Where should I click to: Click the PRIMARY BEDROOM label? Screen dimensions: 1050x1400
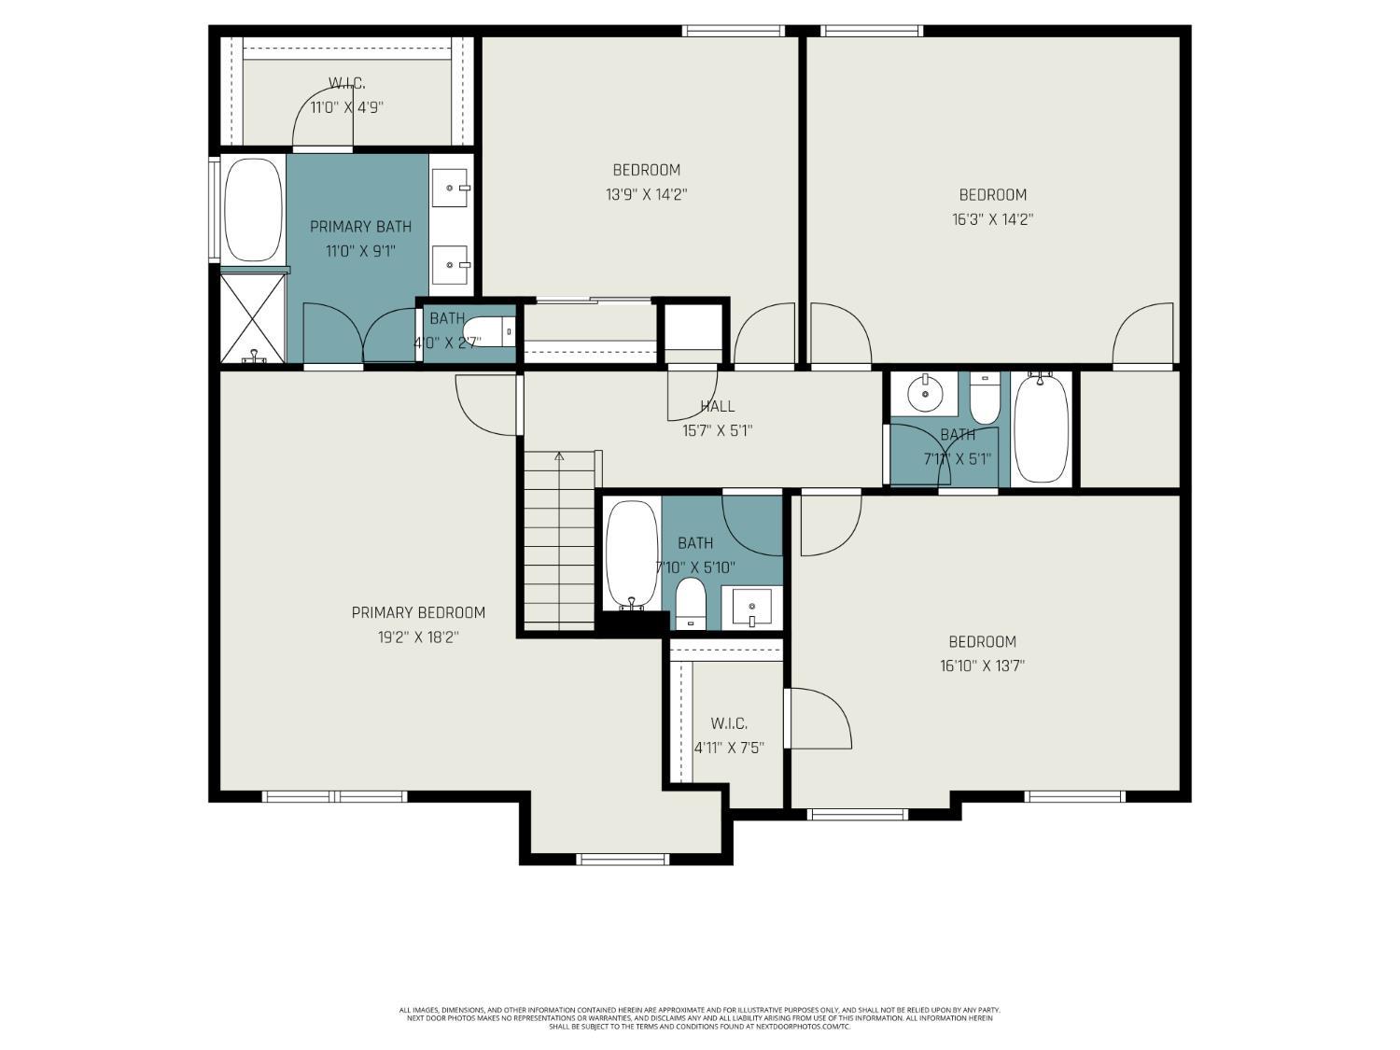(x=418, y=612)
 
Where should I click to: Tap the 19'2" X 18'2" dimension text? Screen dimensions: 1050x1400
(x=418, y=637)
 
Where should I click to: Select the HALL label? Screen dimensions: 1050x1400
(x=717, y=406)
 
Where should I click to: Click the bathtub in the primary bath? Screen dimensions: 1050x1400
(x=254, y=210)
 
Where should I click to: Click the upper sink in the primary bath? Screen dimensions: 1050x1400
(x=452, y=189)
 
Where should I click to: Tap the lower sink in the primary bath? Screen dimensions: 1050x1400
(x=452, y=265)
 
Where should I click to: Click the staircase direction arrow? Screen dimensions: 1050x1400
(x=559, y=456)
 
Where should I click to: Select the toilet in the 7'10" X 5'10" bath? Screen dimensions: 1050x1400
(x=691, y=602)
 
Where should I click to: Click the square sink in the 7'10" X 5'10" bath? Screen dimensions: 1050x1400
(x=751, y=609)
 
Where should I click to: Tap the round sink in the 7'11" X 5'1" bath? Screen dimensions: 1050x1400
(x=925, y=394)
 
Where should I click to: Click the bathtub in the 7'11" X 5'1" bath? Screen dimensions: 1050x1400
(x=1041, y=427)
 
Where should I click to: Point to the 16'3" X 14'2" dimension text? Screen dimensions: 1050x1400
(x=992, y=219)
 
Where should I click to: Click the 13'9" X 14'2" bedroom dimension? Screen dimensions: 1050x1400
(x=646, y=194)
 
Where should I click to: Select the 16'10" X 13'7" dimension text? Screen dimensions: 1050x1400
(x=982, y=665)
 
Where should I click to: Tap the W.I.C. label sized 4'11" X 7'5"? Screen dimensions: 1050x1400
(x=728, y=723)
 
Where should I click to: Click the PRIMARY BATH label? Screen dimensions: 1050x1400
(x=360, y=227)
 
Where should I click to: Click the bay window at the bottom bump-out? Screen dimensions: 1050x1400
(x=623, y=859)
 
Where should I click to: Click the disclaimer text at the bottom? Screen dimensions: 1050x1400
(x=699, y=1017)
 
